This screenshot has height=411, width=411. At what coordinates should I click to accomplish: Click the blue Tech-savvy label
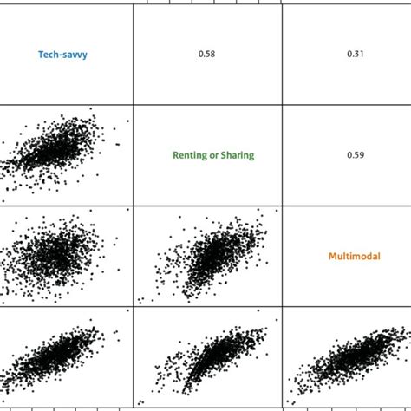point(62,55)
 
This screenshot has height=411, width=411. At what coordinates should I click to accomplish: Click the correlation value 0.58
point(206,55)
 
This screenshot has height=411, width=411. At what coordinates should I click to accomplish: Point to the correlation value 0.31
point(356,55)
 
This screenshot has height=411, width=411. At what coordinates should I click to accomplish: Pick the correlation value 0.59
point(356,156)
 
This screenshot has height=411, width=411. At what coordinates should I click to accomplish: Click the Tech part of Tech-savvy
point(48,55)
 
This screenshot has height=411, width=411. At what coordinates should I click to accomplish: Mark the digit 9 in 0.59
point(362,156)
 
